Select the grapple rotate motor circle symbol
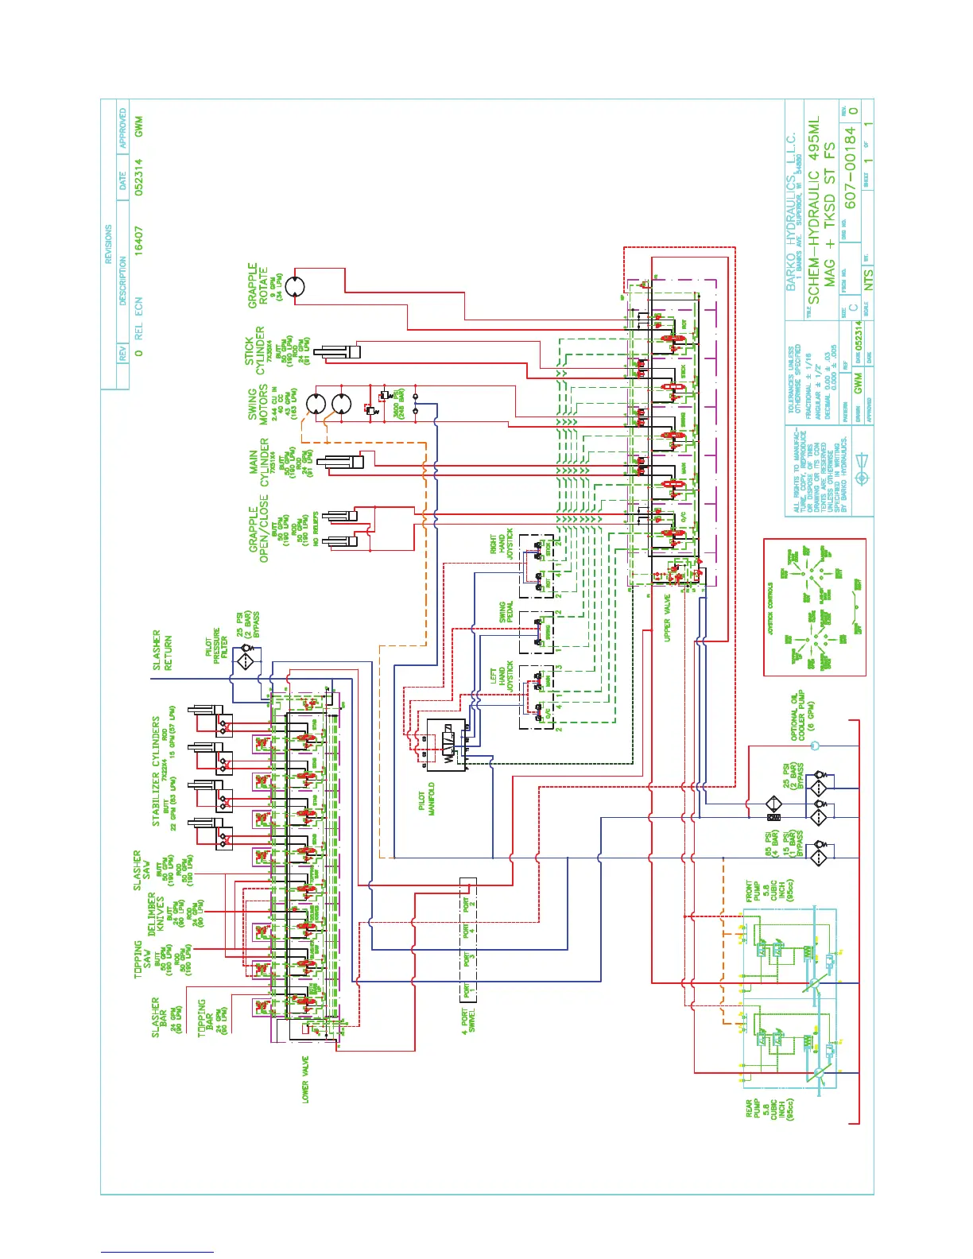[x=296, y=287]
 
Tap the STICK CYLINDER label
[x=255, y=351]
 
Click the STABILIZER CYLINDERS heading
[x=157, y=771]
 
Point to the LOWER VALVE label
[x=305, y=1079]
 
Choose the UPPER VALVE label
[x=668, y=618]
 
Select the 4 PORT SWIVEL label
[x=469, y=1020]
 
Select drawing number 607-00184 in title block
[x=851, y=167]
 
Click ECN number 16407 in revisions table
[x=138, y=239]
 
